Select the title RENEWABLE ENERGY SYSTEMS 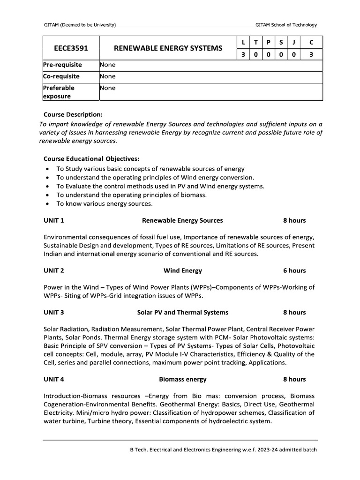(168, 48)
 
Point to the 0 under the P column (268, 54)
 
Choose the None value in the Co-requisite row (107, 76)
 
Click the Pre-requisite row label (62, 65)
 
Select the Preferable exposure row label (59, 92)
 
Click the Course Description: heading (73, 114)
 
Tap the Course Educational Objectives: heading (91, 158)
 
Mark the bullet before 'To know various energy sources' (48, 204)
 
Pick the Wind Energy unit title (182, 270)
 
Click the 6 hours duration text (294, 270)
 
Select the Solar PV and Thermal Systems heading (182, 312)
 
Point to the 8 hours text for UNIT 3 (294, 312)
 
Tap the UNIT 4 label (53, 379)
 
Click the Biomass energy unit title (182, 379)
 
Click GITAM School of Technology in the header (286, 24)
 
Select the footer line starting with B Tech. (223, 450)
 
